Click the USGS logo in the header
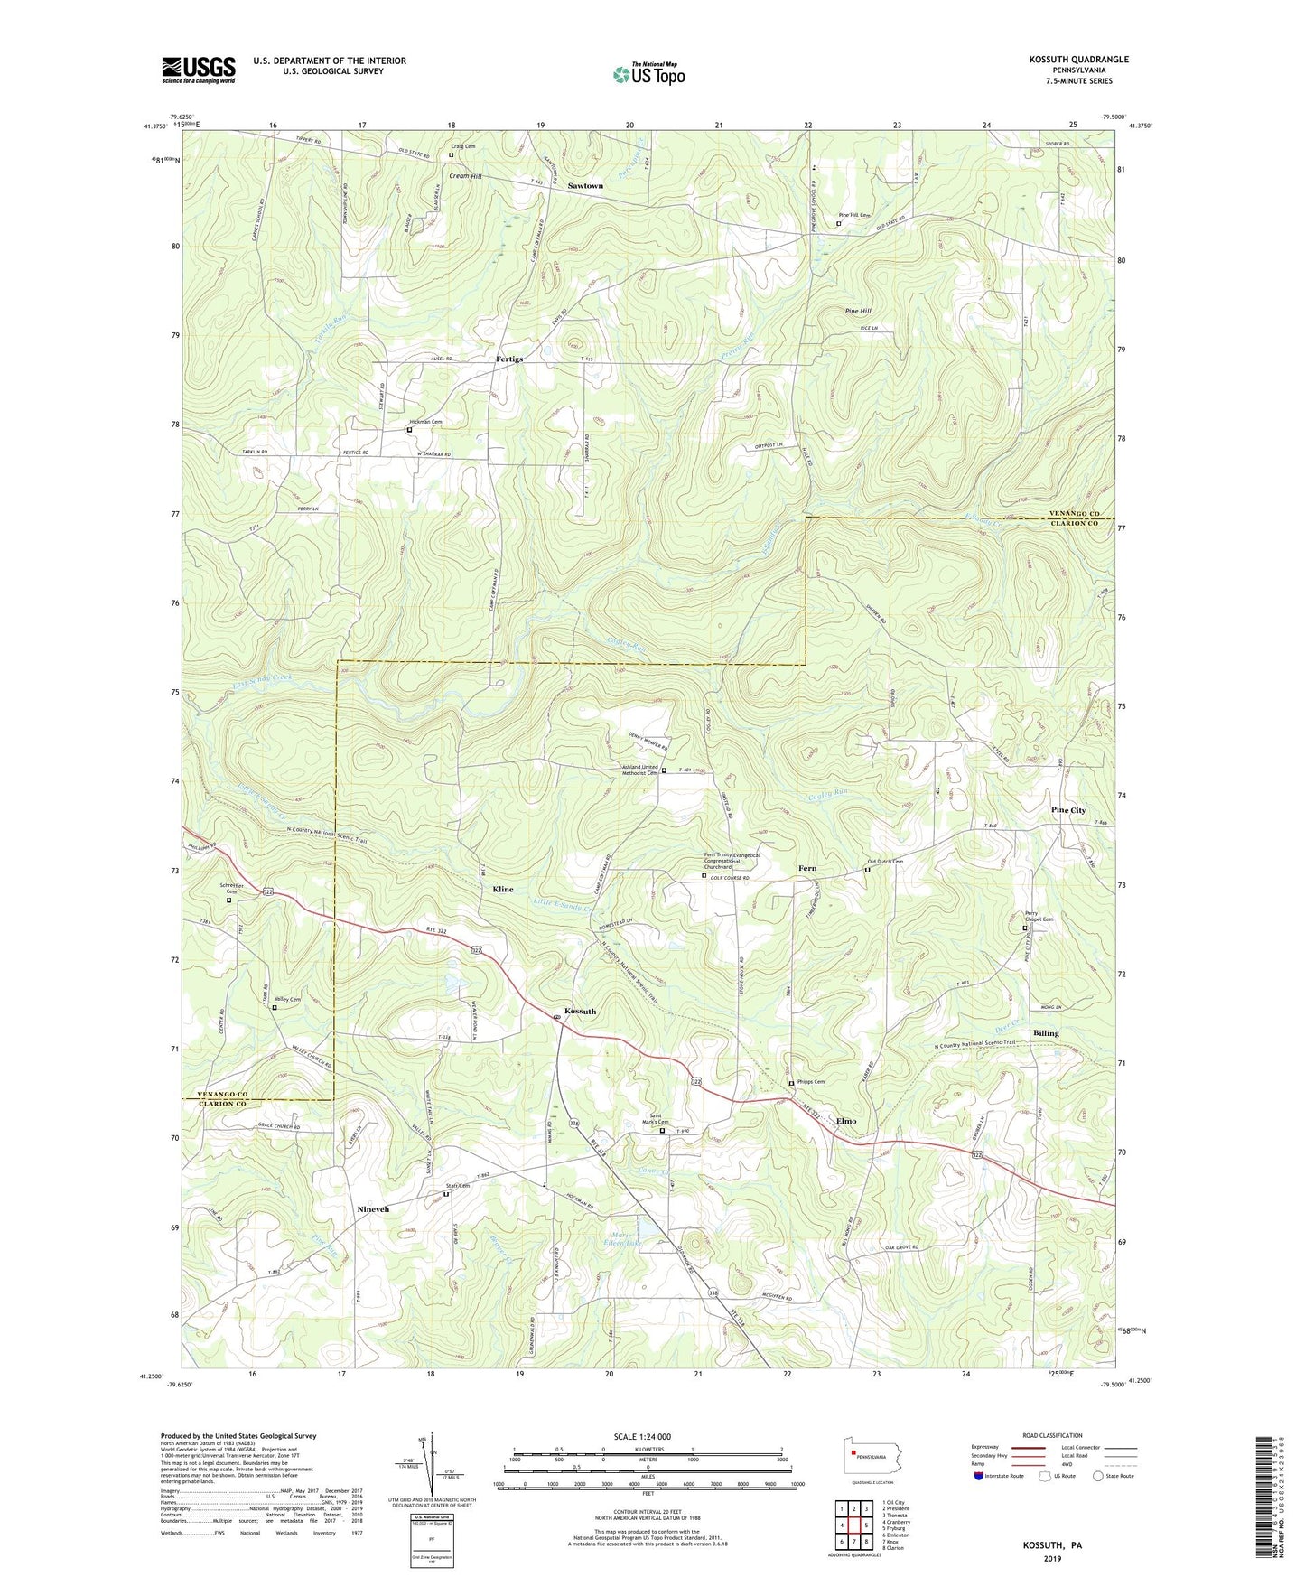pos(199,70)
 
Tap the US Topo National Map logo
pos(648,74)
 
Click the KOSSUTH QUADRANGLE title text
pos(1078,60)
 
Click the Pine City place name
pos(1068,811)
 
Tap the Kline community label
pos(502,890)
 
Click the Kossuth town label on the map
pos(580,1012)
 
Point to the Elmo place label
pos(846,1121)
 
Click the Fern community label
pos(807,869)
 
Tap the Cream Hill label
pos(465,176)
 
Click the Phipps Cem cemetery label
pos(809,1082)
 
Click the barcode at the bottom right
pos(1264,1499)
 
